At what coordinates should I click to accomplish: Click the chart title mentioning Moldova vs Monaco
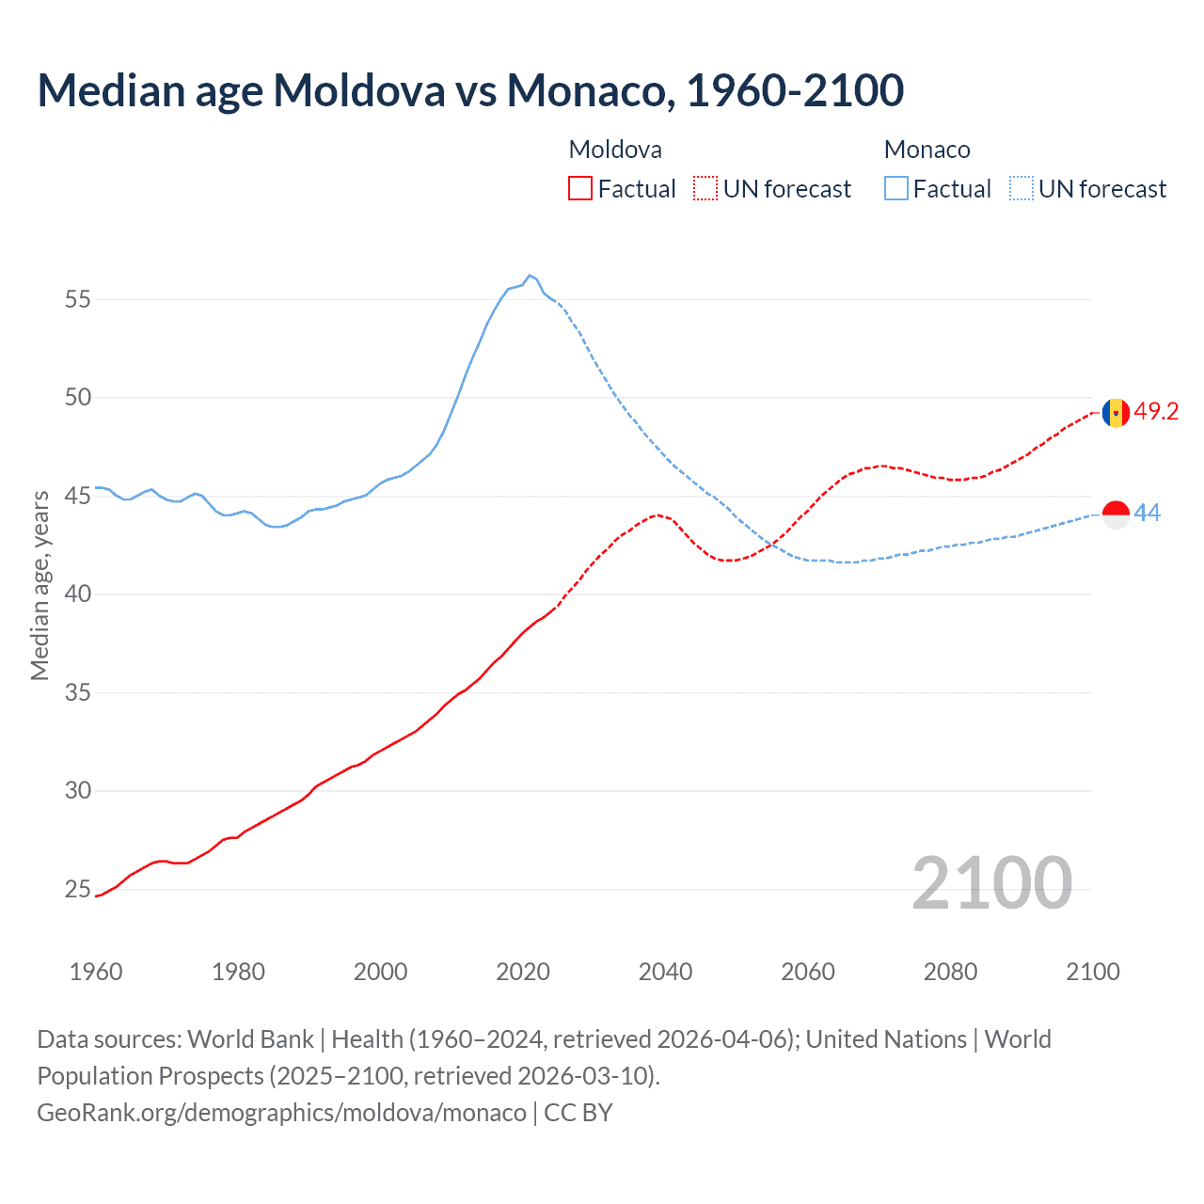coord(470,90)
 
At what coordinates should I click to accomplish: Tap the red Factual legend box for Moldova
coord(580,189)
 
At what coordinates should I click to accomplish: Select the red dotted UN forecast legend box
coord(705,189)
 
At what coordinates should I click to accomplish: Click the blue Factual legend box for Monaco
coord(896,189)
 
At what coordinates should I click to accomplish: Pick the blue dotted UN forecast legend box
coord(1022,189)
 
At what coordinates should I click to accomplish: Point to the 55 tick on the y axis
coord(78,299)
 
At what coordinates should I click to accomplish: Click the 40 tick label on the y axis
coord(78,594)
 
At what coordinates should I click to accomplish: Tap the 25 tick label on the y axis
coord(78,890)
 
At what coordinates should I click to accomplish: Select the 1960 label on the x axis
coord(96,972)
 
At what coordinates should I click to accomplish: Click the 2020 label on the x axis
coord(523,972)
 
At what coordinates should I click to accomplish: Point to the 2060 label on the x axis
coord(808,972)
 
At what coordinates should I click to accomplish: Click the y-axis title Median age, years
coord(40,585)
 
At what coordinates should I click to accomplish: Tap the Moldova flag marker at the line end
coord(1116,412)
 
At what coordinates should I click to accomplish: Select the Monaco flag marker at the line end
coord(1116,515)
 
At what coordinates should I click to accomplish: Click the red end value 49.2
coord(1156,412)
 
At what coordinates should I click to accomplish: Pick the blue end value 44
coord(1148,514)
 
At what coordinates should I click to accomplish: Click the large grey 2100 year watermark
coord(991,882)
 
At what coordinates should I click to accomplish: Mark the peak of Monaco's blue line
coord(530,276)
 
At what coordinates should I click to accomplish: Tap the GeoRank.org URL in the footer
coord(281,1113)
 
